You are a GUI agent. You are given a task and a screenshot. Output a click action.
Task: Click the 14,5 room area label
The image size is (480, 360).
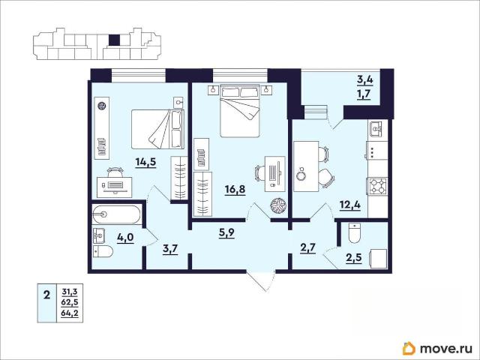click(145, 162)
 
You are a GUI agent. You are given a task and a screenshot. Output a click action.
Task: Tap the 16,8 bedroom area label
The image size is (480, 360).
click(235, 190)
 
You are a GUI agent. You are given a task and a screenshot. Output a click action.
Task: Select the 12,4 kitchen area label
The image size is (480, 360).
click(350, 204)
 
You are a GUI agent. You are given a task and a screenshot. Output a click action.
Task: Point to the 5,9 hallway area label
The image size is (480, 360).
click(226, 233)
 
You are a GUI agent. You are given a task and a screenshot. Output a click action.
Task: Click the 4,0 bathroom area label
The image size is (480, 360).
click(125, 238)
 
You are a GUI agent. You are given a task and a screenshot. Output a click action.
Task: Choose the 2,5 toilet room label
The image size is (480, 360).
click(354, 258)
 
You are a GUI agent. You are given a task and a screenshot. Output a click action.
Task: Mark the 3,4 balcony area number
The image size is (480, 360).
click(365, 80)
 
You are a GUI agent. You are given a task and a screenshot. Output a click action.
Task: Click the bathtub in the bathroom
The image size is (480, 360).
click(116, 214)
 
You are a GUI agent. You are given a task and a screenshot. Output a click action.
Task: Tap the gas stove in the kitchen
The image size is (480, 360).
click(378, 187)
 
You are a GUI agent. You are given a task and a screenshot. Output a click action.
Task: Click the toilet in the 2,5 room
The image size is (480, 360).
click(355, 233)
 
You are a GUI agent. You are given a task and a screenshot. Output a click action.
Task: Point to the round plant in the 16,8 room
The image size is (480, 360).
click(278, 205)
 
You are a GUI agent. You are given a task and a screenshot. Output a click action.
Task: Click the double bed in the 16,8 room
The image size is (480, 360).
click(240, 111)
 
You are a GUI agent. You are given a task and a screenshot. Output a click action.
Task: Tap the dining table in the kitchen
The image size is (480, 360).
click(306, 166)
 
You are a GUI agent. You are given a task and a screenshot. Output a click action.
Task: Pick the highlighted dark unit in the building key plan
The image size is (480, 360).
click(115, 40)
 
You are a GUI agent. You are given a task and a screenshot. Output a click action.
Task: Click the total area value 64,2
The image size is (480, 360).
click(70, 313)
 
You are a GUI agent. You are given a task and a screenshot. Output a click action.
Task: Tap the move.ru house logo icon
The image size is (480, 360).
click(409, 348)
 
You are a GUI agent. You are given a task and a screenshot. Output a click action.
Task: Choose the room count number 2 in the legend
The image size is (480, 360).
click(46, 295)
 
